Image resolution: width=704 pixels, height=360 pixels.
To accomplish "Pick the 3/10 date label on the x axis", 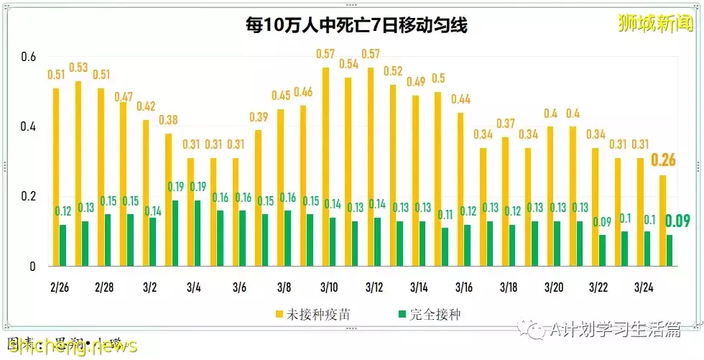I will click(329, 287).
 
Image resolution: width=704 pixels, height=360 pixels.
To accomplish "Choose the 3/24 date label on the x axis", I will click(643, 287).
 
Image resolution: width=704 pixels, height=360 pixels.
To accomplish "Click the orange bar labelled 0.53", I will click(78, 173).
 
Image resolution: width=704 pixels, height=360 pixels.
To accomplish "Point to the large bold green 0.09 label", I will click(677, 221).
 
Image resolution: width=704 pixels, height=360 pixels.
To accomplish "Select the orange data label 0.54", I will click(348, 64).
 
